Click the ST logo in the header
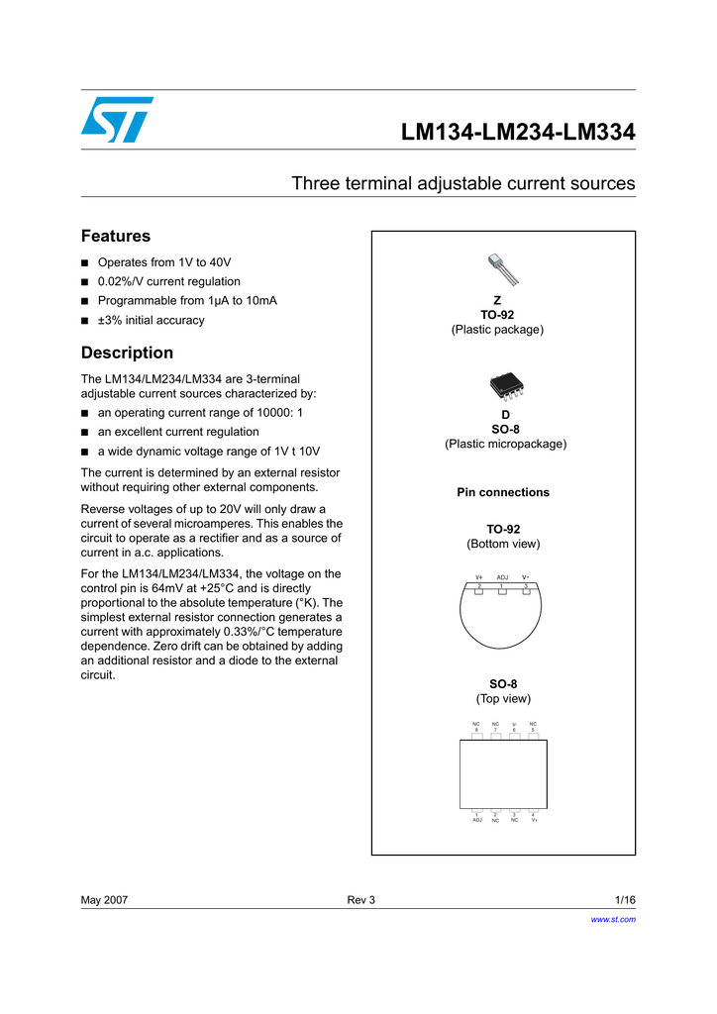pos(117,120)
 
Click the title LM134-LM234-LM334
pos(517,133)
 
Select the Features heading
pos(115,237)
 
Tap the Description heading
pos(127,353)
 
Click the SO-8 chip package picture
pos(505,387)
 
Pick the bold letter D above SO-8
pos(505,415)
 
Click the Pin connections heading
pos(502,492)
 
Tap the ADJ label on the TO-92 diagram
pos(502,577)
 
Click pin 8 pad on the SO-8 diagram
pos(477,735)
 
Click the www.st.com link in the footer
pos(612,920)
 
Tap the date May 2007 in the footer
pos(104,900)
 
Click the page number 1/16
pos(624,900)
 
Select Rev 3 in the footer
pos(360,900)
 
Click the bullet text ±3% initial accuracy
pos(151,321)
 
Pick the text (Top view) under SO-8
pos(503,699)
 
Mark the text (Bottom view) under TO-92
pos(503,545)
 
